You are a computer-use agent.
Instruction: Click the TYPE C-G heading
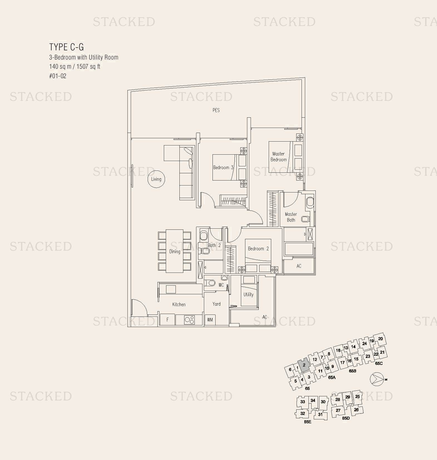pos(66,47)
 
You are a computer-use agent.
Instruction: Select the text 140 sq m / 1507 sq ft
pos(75,66)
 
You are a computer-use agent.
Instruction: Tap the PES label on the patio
pos(216,110)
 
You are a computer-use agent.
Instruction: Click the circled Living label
pos(156,179)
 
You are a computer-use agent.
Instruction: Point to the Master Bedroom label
pos(278,157)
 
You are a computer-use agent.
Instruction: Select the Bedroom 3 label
pos(223,167)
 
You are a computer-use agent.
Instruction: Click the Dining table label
pos(175,251)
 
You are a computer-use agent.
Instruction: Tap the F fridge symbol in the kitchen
pos(167,320)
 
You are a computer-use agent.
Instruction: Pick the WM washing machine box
pos(210,320)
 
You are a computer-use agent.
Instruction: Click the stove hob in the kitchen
pos(189,320)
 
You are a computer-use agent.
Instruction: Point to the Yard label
pos(216,304)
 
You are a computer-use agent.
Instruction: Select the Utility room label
pos(248,295)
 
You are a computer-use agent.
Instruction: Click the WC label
pos(221,285)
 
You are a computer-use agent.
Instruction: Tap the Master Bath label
pos(291,217)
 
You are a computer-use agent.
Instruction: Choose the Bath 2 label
pos(214,245)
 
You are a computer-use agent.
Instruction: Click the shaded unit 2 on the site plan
pos(304,365)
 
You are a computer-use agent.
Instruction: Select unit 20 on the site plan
pos(380,339)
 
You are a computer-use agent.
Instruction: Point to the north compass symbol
pos(377,379)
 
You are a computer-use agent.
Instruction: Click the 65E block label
pos(307,422)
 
